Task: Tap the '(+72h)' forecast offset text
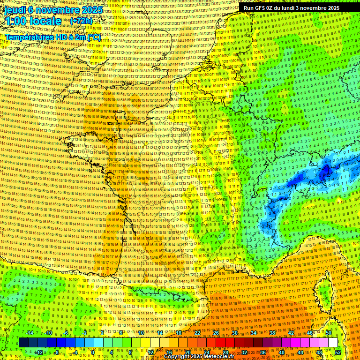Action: tap(81, 21)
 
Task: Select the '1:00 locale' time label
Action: tap(33, 21)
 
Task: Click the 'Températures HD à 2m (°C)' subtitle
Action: tap(53, 37)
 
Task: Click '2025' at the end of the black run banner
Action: tap(332, 8)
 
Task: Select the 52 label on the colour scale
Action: tap(338, 352)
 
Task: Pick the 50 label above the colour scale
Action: tap(329, 333)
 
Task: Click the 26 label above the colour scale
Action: tap(216, 333)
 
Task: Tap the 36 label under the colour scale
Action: tap(262, 352)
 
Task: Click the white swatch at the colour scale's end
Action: tap(333, 343)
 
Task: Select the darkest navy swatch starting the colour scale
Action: tap(23, 343)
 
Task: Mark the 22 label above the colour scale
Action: tap(197, 333)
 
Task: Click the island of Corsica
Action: tap(324, 293)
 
